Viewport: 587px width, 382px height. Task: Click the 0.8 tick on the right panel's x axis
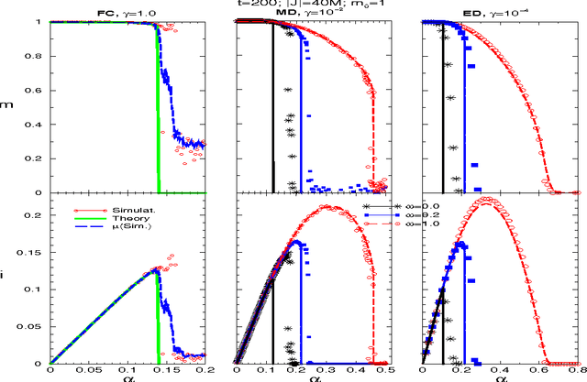click(575, 371)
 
